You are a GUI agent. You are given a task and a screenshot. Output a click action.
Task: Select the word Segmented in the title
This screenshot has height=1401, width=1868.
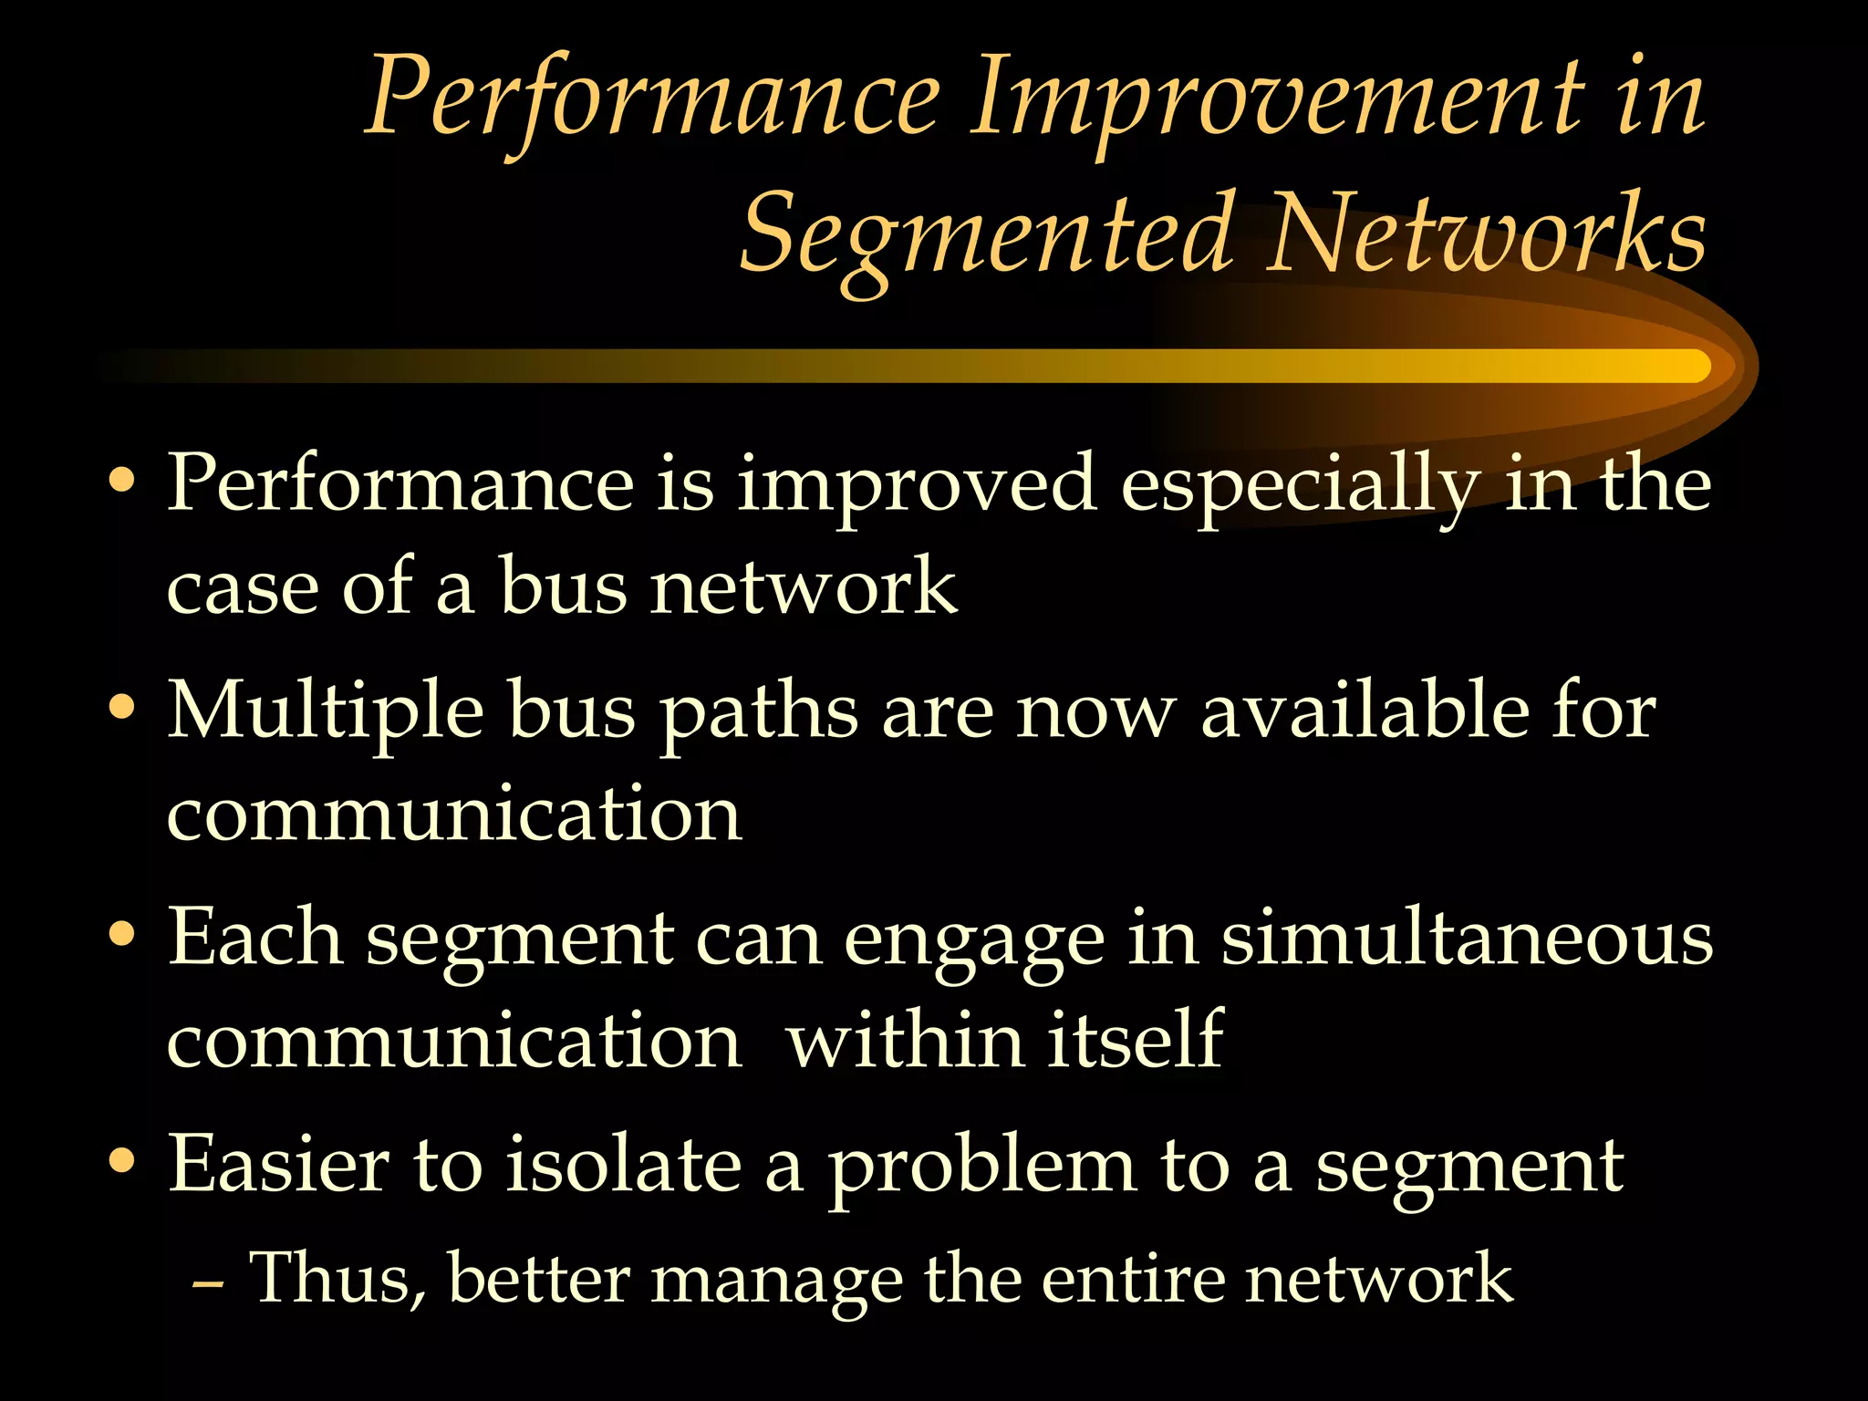(990, 235)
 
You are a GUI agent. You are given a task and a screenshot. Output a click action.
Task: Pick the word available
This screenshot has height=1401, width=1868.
(1365, 711)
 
